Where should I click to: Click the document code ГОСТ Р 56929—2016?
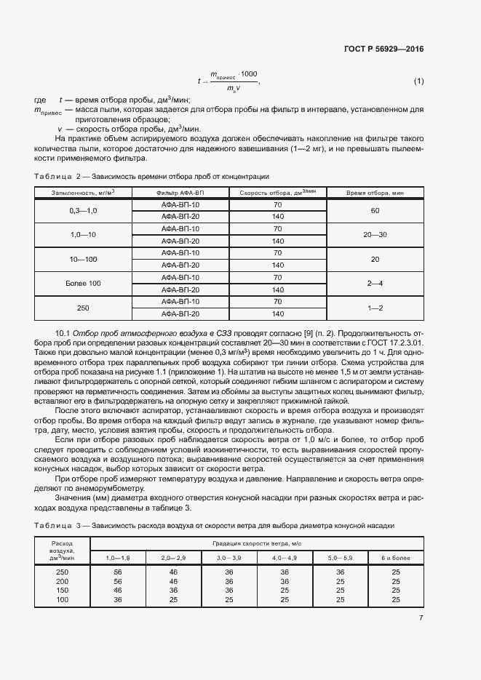(383, 49)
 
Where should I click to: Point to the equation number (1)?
(418, 81)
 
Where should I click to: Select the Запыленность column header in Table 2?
(83, 193)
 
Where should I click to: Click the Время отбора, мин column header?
(375, 193)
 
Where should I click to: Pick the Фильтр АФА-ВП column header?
(180, 193)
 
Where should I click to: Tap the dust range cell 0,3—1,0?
(83, 210)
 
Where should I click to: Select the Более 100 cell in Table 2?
(83, 283)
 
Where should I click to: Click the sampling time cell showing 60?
(375, 210)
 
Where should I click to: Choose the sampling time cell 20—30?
(375, 234)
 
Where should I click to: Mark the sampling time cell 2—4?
(375, 283)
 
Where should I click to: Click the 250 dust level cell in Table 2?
(83, 308)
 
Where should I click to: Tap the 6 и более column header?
(396, 556)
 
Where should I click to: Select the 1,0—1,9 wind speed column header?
(118, 556)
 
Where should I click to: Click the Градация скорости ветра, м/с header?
(256, 543)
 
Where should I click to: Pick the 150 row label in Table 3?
(62, 591)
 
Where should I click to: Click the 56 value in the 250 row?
(118, 572)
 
